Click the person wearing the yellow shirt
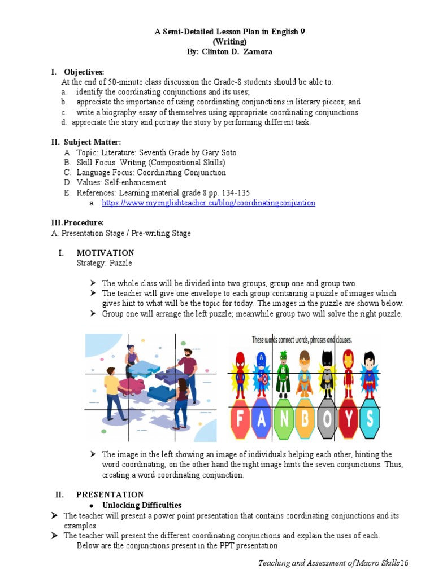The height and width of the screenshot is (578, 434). (111, 389)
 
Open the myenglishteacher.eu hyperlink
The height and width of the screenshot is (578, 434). (208, 203)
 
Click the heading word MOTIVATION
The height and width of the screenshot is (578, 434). (105, 253)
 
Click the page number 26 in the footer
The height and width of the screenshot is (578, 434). (403, 563)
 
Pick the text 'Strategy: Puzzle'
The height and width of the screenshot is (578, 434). (103, 263)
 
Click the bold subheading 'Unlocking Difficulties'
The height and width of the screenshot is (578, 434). (142, 505)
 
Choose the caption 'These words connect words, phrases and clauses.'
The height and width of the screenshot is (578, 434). (302, 340)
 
